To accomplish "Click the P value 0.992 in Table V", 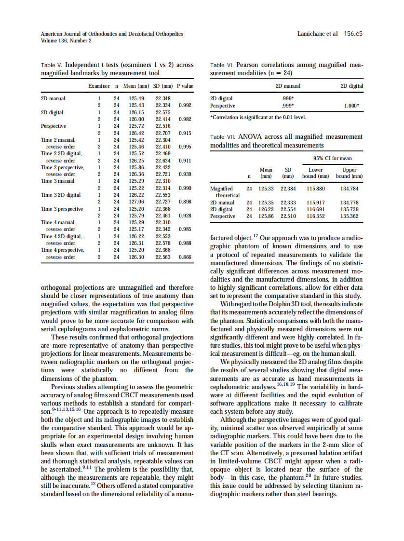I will pyautogui.click(x=185, y=105).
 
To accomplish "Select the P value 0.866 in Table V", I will pyautogui.click(x=185, y=257).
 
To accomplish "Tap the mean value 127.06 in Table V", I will pyautogui.click(x=137, y=202).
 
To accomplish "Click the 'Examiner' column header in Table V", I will pyautogui.click(x=98, y=86).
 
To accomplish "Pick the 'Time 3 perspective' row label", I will pyautogui.click(x=62, y=209).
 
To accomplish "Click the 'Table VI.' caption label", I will pyautogui.click(x=222, y=65).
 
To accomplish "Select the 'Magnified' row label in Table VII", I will pyautogui.click(x=221, y=189).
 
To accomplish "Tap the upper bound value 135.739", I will pyautogui.click(x=350, y=209).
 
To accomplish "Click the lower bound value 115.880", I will pyautogui.click(x=315, y=189).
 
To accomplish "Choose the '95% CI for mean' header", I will pyautogui.click(x=333, y=158).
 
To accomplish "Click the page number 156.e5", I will pyautogui.click(x=353, y=34).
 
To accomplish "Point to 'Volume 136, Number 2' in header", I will pyautogui.click(x=67, y=41).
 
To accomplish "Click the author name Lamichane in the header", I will pyautogui.click(x=313, y=34).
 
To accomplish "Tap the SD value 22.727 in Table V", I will pyautogui.click(x=163, y=202).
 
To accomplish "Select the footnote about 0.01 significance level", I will pyautogui.click(x=258, y=117).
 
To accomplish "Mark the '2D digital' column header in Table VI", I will pyautogui.click(x=351, y=86).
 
